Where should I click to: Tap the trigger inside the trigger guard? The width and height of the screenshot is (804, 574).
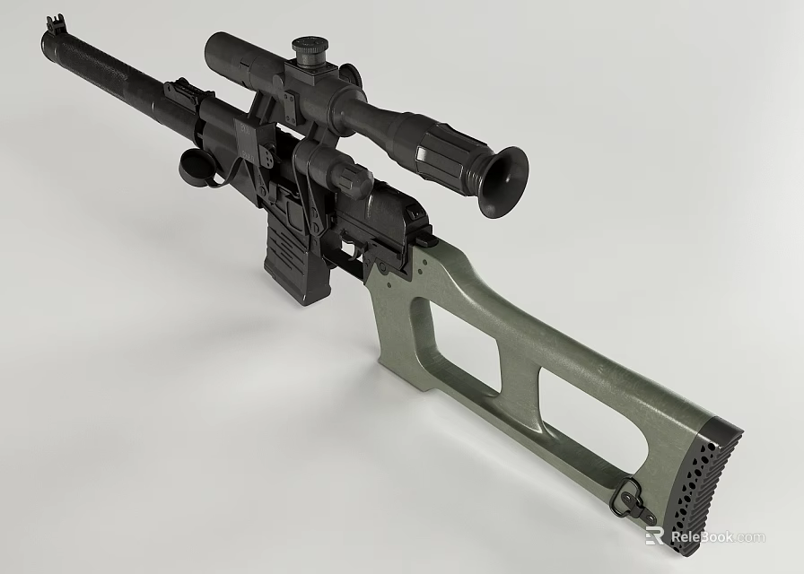point(348,248)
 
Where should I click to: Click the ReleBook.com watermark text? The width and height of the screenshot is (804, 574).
point(718,537)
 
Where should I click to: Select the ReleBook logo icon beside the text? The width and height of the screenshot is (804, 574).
point(654,536)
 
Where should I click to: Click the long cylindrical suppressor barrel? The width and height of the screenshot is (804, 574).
point(108,72)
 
